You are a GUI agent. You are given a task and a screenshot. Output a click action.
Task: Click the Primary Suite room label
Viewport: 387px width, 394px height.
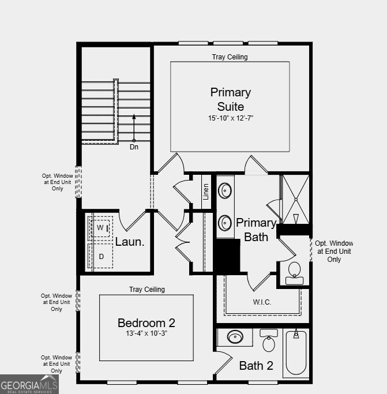point(230,99)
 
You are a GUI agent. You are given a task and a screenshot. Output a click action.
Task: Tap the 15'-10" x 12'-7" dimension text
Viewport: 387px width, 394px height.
point(230,118)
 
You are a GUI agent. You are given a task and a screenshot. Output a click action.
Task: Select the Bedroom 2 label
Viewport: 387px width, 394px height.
point(146,323)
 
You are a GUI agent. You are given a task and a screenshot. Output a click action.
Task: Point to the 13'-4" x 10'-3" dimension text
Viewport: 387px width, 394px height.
point(146,333)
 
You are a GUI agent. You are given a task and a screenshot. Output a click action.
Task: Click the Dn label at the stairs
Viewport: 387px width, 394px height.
point(134,147)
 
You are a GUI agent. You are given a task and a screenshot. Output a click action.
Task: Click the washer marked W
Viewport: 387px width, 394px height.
point(102,228)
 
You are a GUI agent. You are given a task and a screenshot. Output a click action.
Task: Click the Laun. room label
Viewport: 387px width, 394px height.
point(130,242)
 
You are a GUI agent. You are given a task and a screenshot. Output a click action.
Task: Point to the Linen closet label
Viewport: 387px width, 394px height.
point(206,191)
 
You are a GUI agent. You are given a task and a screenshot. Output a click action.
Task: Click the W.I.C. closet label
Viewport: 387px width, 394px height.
point(262,302)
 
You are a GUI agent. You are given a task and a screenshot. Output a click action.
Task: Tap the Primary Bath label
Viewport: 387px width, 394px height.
point(256,229)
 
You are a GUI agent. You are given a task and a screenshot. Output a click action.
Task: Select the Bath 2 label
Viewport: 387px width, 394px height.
point(256,365)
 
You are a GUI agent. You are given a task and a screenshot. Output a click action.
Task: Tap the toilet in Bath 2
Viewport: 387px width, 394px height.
point(269,342)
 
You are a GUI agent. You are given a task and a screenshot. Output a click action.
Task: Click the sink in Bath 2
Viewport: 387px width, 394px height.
point(235,336)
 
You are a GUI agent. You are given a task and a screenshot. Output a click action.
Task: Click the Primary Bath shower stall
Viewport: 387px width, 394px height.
point(295,199)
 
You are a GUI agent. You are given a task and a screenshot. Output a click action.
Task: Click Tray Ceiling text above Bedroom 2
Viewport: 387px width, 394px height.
point(146,290)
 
